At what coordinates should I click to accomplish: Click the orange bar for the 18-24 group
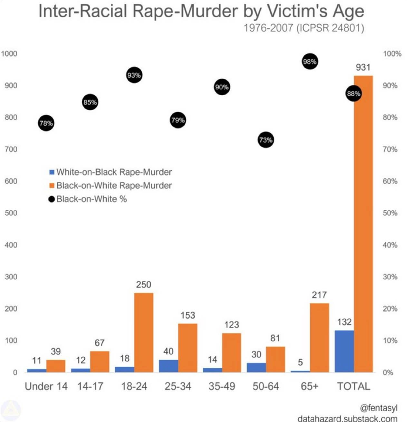144,333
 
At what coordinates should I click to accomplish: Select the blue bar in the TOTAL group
345,351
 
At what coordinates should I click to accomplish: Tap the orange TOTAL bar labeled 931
363,224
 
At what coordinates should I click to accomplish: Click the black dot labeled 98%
310,62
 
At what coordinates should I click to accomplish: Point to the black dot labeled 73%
266,140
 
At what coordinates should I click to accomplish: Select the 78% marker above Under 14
46,123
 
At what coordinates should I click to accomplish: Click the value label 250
143,284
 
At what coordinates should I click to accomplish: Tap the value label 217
319,295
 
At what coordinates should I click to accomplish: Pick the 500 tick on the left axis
11,213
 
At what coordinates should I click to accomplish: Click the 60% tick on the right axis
390,181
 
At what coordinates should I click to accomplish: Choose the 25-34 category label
178,386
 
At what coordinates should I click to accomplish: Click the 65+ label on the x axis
309,386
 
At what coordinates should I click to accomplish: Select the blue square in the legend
52,172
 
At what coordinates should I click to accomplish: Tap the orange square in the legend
52,185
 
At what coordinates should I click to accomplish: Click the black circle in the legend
52,199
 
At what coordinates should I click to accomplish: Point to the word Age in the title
349,12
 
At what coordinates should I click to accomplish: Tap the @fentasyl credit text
378,408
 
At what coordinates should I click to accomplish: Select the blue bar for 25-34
168,366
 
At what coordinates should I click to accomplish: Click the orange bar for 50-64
275,359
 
